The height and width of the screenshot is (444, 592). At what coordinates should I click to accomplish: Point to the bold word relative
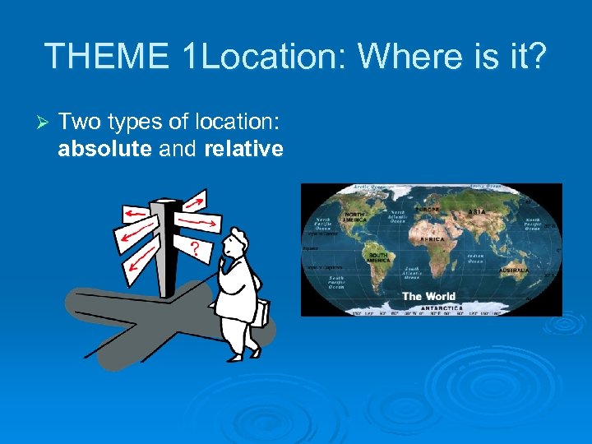[x=243, y=150]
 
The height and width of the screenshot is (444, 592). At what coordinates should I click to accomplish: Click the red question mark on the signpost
[x=195, y=247]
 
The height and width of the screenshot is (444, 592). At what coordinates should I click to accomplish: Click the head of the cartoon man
[x=236, y=244]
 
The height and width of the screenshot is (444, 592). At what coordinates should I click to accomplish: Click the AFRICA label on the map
[x=432, y=239]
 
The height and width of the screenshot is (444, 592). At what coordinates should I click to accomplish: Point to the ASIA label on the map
[x=477, y=212]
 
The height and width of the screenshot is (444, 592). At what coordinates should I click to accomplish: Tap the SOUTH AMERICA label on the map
[x=377, y=257]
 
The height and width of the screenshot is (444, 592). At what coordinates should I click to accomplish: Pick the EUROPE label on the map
[x=428, y=210]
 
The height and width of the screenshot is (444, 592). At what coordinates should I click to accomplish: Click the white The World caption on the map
[x=428, y=296]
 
